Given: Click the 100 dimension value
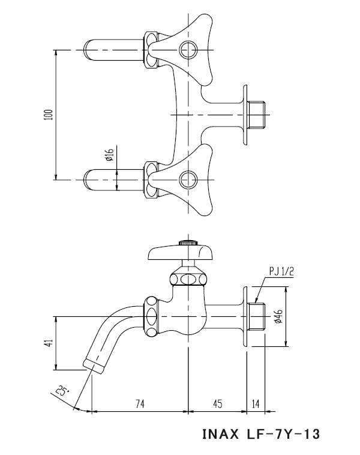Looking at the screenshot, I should click(49, 114).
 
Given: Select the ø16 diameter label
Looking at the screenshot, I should click(109, 158).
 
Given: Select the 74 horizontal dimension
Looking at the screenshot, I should click(139, 403).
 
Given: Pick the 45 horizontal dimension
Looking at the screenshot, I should click(217, 403).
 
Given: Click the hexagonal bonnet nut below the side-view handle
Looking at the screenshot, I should click(188, 279).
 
